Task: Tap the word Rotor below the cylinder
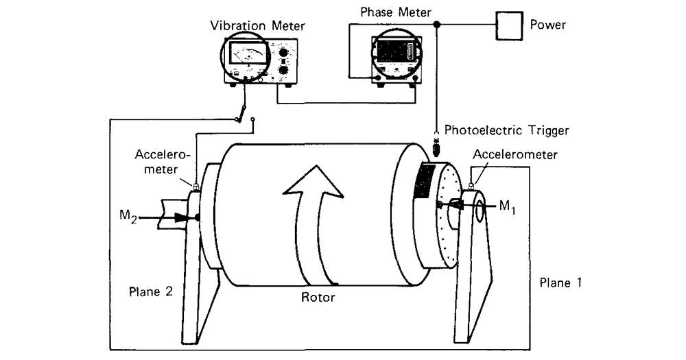[x=318, y=298]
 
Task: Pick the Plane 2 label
[x=151, y=290]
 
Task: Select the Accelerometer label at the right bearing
[x=519, y=155]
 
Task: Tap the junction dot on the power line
[x=437, y=26]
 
